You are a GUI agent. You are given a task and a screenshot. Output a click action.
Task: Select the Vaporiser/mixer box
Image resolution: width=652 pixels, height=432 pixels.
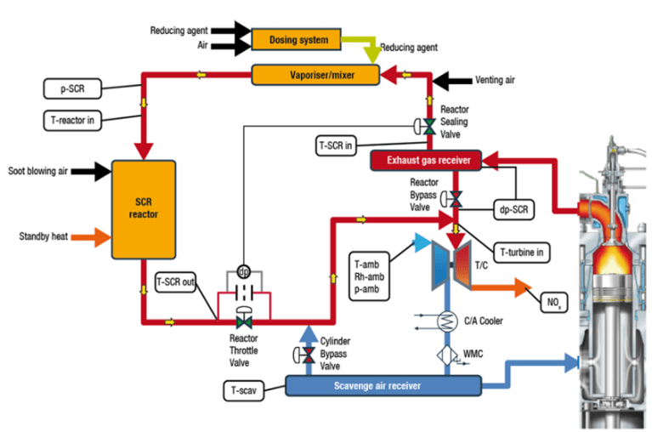(x=315, y=76)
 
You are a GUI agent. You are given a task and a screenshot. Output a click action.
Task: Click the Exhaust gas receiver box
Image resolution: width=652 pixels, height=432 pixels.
(x=426, y=159)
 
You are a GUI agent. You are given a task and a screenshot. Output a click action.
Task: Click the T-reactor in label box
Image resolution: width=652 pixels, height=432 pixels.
(x=71, y=121)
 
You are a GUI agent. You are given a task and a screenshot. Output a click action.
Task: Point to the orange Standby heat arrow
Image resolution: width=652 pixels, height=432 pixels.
(x=93, y=235)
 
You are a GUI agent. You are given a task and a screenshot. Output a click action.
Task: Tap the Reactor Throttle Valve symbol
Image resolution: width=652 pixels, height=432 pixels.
(x=243, y=322)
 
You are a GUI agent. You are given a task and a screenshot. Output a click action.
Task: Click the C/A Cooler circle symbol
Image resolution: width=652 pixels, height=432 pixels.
(x=445, y=321)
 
